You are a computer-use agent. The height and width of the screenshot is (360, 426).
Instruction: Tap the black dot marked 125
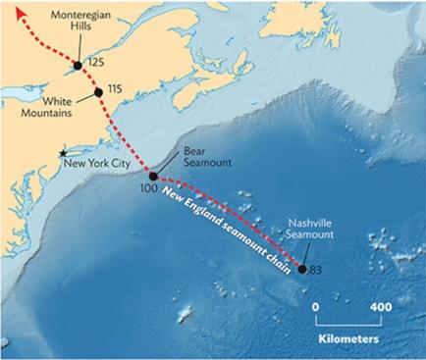tap(77, 66)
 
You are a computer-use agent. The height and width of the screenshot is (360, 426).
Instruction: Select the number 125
tap(95, 63)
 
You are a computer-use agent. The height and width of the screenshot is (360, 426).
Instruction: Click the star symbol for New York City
tap(65, 154)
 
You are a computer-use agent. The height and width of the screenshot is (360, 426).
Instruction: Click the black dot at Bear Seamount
tap(152, 177)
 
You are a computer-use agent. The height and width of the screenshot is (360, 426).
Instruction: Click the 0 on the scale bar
tap(317, 307)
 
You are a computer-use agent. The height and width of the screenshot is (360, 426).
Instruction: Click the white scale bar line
tap(348, 322)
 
